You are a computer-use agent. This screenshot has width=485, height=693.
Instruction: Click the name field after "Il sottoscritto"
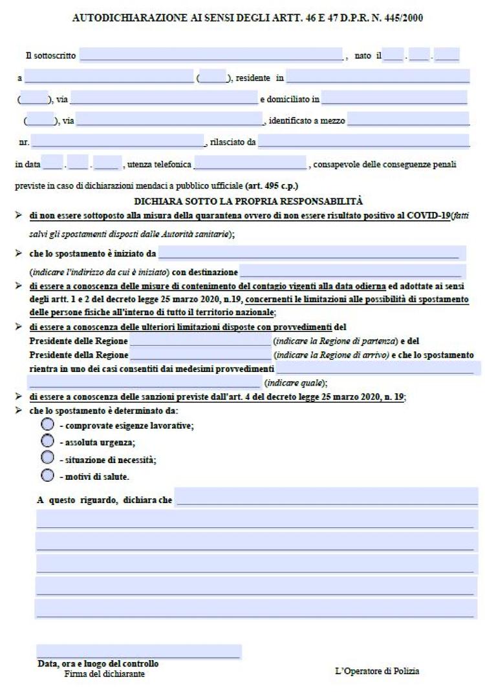[x=211, y=56]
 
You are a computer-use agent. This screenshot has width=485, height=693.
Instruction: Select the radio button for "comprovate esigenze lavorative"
[x=47, y=425]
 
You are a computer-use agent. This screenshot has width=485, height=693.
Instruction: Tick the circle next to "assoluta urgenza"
[x=47, y=441]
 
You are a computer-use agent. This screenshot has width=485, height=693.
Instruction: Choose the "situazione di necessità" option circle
[x=47, y=458]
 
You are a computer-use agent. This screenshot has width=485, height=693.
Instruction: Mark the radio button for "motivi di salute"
[x=47, y=476]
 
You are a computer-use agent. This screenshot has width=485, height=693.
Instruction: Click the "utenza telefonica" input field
[x=250, y=163]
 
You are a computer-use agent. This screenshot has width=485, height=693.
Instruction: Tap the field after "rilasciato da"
[x=363, y=141]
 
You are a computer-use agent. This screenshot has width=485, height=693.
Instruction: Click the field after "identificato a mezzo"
[x=408, y=119]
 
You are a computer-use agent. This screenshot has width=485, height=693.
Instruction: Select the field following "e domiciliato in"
[x=394, y=98]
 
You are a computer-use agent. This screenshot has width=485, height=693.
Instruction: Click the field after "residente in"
[x=378, y=78]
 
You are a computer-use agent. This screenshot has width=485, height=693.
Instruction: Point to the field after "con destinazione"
[x=352, y=271]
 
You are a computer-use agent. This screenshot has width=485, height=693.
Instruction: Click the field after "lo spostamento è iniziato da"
[x=312, y=253]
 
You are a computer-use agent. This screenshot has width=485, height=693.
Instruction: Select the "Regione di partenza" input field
[x=200, y=340]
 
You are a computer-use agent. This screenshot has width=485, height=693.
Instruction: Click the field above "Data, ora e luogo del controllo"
[x=139, y=651]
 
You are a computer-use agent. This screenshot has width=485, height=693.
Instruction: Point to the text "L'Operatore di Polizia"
[x=377, y=671]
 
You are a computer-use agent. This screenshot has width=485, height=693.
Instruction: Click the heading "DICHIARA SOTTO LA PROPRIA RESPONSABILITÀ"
[x=248, y=201]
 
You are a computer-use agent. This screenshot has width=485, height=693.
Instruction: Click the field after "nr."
[x=117, y=141]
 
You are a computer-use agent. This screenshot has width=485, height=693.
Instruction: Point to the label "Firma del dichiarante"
[x=105, y=674]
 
